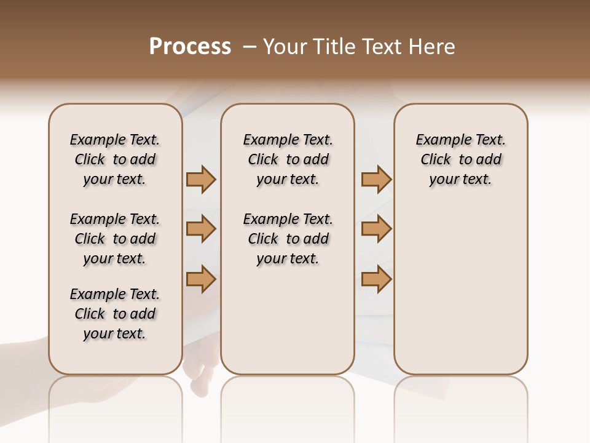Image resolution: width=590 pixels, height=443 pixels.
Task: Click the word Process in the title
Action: pyautogui.click(x=190, y=47)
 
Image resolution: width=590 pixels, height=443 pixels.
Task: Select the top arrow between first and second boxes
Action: pyautogui.click(x=201, y=180)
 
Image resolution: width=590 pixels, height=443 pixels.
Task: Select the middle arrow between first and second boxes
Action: pyautogui.click(x=201, y=229)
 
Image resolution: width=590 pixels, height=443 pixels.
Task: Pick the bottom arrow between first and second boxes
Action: pyautogui.click(x=201, y=279)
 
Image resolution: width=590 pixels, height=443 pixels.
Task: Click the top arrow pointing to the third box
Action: pyautogui.click(x=376, y=180)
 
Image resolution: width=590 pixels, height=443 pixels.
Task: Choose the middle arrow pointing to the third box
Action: pyautogui.click(x=376, y=229)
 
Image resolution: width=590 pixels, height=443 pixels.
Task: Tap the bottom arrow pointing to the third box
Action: pyautogui.click(x=376, y=279)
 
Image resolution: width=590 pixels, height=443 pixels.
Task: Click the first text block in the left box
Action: pyautogui.click(x=115, y=159)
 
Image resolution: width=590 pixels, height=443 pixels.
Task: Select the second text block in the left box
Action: pyautogui.click(x=115, y=239)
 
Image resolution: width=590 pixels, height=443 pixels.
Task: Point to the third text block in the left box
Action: pyautogui.click(x=115, y=314)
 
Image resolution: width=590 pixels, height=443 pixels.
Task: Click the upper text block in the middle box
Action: pyautogui.click(x=288, y=159)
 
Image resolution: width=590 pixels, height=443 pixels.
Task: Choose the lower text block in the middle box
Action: pyautogui.click(x=288, y=239)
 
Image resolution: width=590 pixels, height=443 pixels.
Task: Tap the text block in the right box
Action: pyautogui.click(x=461, y=159)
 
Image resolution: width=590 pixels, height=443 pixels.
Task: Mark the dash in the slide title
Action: pyautogui.click(x=250, y=47)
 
